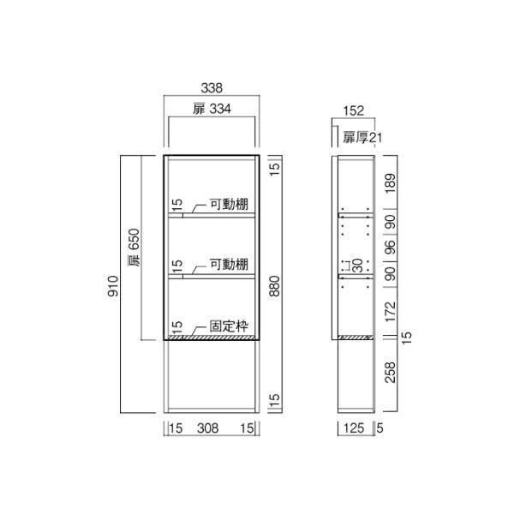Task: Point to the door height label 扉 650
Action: [x=134, y=248]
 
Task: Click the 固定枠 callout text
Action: [x=230, y=326]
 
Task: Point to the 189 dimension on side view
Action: [x=390, y=182]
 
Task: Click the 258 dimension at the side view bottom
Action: [x=390, y=374]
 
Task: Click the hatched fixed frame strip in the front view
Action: [x=211, y=338]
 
